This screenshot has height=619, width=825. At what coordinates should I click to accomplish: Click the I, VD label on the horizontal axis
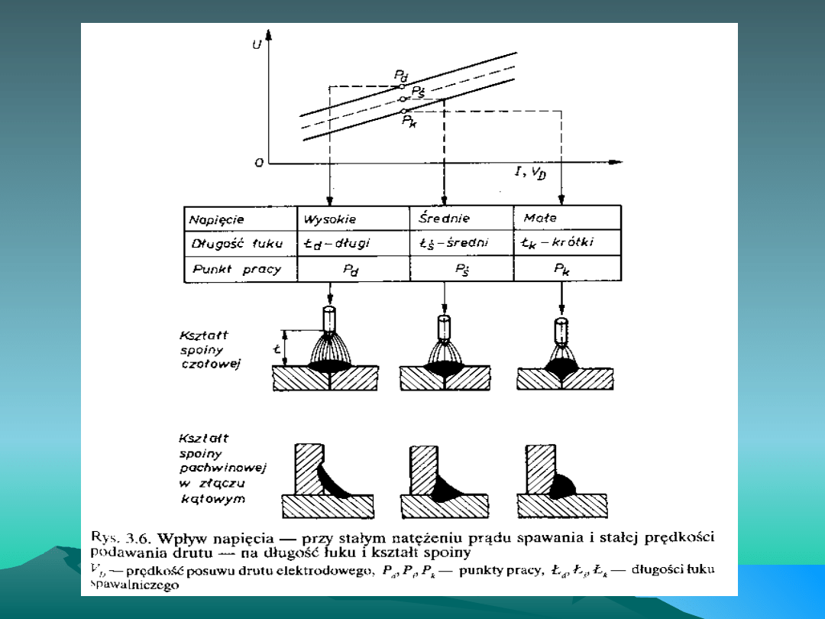[530, 173]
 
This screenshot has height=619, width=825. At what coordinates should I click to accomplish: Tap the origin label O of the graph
[260, 163]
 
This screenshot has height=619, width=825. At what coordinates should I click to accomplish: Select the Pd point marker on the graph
[403, 86]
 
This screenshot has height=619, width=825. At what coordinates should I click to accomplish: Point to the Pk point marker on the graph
[405, 112]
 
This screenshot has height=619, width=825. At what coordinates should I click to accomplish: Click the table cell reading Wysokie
[330, 219]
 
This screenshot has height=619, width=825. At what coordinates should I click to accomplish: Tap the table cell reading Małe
[540, 219]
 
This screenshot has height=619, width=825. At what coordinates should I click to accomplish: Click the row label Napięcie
[216, 219]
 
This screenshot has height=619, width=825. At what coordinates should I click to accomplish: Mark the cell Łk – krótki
[558, 244]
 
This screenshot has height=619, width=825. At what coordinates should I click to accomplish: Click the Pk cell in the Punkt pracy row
[561, 270]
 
